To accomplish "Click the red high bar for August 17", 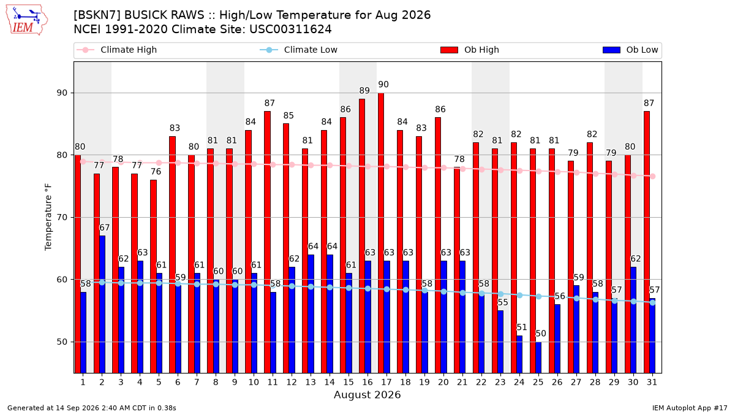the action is tap(381, 233).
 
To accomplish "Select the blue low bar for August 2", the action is tap(102, 304).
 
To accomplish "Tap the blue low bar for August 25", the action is tap(538, 358).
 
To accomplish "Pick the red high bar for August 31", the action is tap(647, 242).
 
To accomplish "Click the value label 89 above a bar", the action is tap(364, 90).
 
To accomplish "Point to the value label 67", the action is tap(104, 228).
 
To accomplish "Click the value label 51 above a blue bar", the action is tap(522, 328).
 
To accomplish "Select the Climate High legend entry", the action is tap(116, 50).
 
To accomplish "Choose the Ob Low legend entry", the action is tap(630, 50).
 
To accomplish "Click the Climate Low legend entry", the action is tap(299, 50).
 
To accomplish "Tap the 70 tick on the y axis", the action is tap(62, 218).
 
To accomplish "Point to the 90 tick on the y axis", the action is tap(62, 93).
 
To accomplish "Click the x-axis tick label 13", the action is tap(311, 382).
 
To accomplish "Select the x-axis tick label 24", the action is tap(519, 382).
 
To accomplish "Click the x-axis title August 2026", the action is tap(367, 394).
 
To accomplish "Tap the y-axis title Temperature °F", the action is tap(48, 217).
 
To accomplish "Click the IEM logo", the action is tap(26, 20).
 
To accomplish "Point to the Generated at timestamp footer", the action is tap(91, 408).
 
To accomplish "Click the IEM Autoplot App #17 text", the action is tap(690, 408).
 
